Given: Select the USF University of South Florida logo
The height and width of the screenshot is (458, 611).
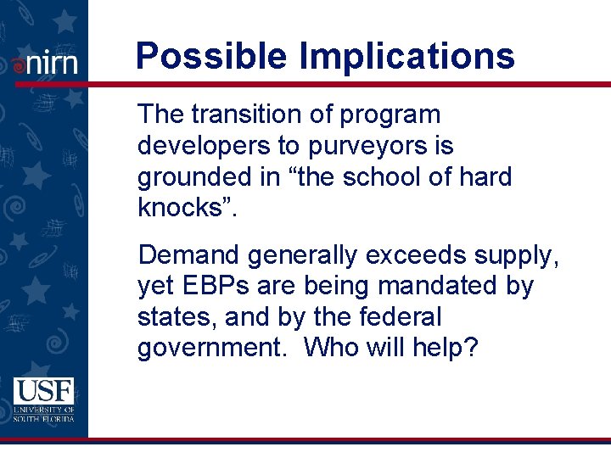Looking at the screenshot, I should click(43, 399).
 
